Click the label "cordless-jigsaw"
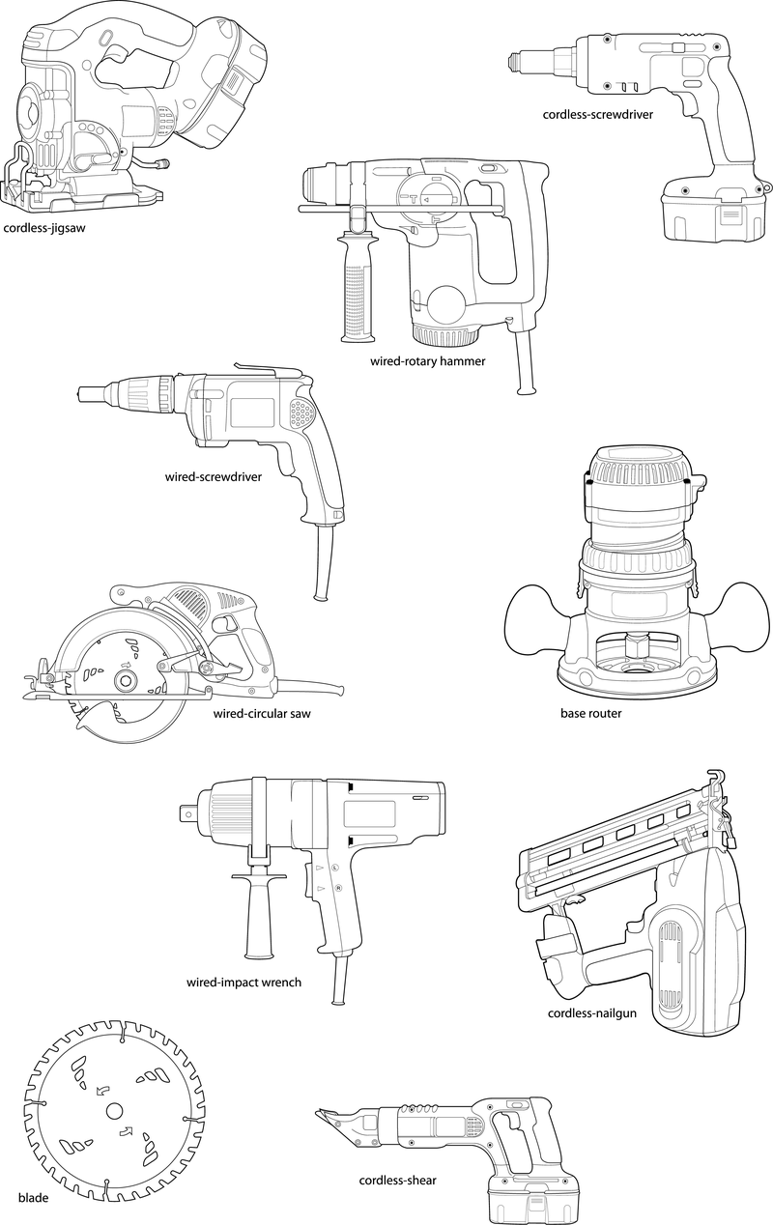(44, 229)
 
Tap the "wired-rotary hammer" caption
(427, 361)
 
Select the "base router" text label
(590, 714)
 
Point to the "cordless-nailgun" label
(591, 1013)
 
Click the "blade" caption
(33, 1197)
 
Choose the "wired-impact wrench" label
(243, 983)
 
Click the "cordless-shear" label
(397, 1181)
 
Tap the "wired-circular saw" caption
(262, 714)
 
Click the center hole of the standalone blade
(114, 1110)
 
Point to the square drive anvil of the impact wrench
(193, 805)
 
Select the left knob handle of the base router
(533, 628)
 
